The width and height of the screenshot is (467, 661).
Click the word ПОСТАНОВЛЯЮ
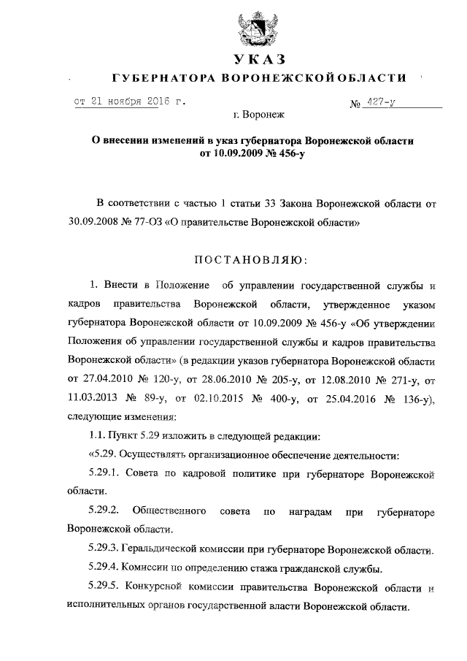250,260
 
